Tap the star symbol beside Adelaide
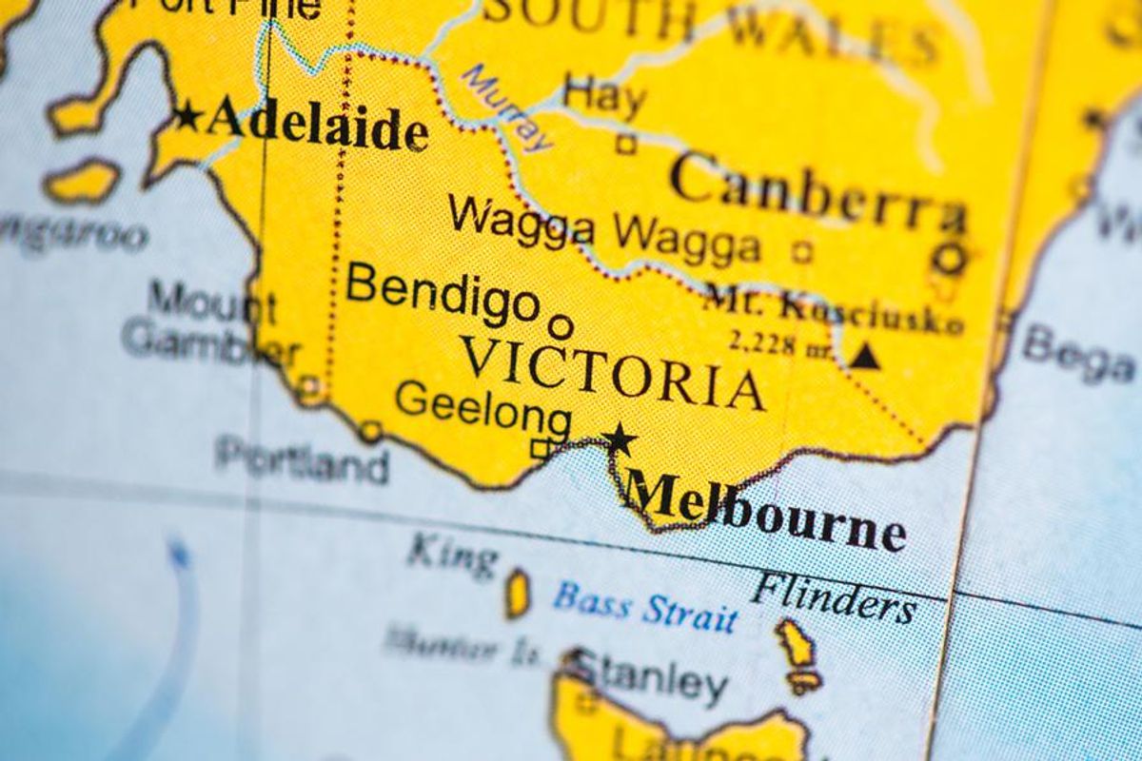[x=187, y=117]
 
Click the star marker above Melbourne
[x=620, y=439]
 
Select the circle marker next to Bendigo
[x=561, y=327]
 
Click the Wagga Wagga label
[x=604, y=231]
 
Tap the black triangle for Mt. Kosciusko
[x=864, y=356]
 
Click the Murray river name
[x=507, y=107]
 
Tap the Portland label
[x=302, y=459]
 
